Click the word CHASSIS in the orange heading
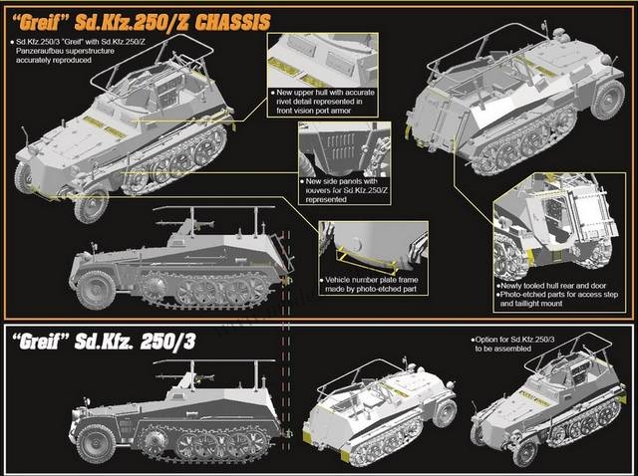pyautogui.click(x=232, y=22)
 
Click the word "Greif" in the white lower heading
pyautogui.click(x=40, y=342)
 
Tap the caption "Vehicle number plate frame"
pyautogui.click(x=372, y=280)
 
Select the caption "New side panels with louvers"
pyautogui.click(x=342, y=186)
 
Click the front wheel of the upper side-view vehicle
pyautogui.click(x=96, y=290)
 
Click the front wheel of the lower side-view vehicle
pyautogui.click(x=96, y=444)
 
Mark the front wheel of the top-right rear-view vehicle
pyautogui.click(x=608, y=100)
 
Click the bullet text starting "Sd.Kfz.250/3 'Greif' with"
pyautogui.click(x=65, y=51)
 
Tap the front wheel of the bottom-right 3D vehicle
pyautogui.click(x=525, y=452)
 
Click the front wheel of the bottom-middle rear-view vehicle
pyautogui.click(x=445, y=413)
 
